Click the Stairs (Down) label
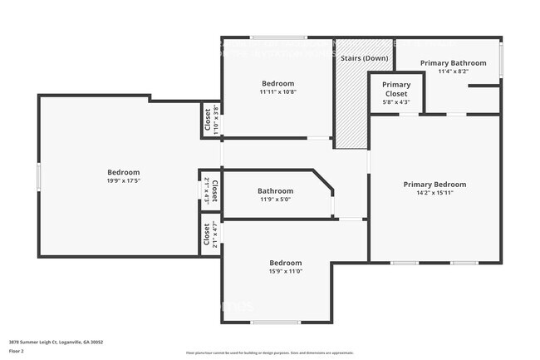[x=363, y=58]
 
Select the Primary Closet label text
[x=395, y=89]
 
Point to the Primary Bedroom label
[x=434, y=184]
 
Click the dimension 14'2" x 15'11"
[x=434, y=192]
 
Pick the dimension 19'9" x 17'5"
[x=122, y=180]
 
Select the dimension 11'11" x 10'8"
[x=277, y=91]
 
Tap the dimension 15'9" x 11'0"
[x=285, y=270]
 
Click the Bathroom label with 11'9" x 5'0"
[x=275, y=190]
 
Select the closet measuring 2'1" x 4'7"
[x=212, y=235]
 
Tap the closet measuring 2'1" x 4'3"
[x=211, y=190]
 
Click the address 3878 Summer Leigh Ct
[x=38, y=342]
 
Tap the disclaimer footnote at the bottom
[x=270, y=353]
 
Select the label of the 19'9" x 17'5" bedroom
[x=122, y=172]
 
